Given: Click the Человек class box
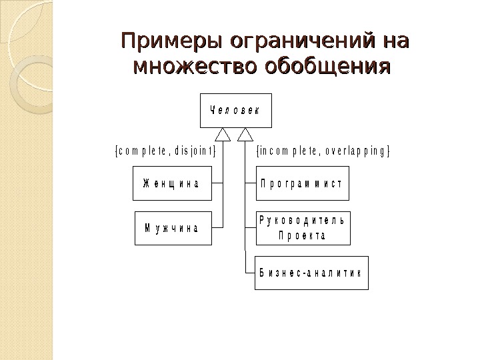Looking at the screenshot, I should coord(236,111).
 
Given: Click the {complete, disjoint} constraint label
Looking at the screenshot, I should coord(165,150).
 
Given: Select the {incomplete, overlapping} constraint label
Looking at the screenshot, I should coord(323,150).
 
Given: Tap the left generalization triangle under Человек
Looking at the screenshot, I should coord(223,135).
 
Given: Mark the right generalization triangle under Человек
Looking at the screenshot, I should coord(246,135).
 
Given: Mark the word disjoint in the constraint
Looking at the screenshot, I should coord(195,150).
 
